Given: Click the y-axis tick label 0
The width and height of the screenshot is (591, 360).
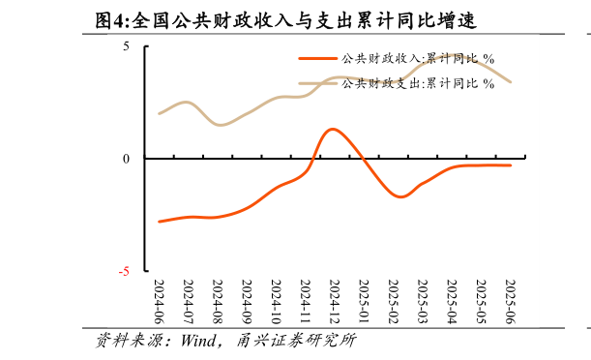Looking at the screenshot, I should [126, 159].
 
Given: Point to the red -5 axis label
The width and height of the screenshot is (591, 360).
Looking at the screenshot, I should [124, 272].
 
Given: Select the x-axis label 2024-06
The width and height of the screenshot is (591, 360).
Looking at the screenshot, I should [159, 302].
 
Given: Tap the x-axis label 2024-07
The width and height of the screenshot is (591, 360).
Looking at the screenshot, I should [188, 302].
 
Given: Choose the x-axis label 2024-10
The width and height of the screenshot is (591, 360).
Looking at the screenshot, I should [276, 302].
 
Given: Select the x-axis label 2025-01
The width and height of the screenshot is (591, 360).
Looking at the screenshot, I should [364, 302].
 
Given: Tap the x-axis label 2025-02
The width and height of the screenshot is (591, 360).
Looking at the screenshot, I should [393, 302].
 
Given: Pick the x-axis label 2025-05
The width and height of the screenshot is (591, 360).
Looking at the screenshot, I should [481, 302].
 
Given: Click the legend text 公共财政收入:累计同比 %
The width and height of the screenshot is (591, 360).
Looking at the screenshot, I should [418, 59].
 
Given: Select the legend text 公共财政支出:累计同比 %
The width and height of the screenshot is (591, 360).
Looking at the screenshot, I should [418, 83].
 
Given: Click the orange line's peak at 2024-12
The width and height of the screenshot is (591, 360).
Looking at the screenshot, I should [333, 129].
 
